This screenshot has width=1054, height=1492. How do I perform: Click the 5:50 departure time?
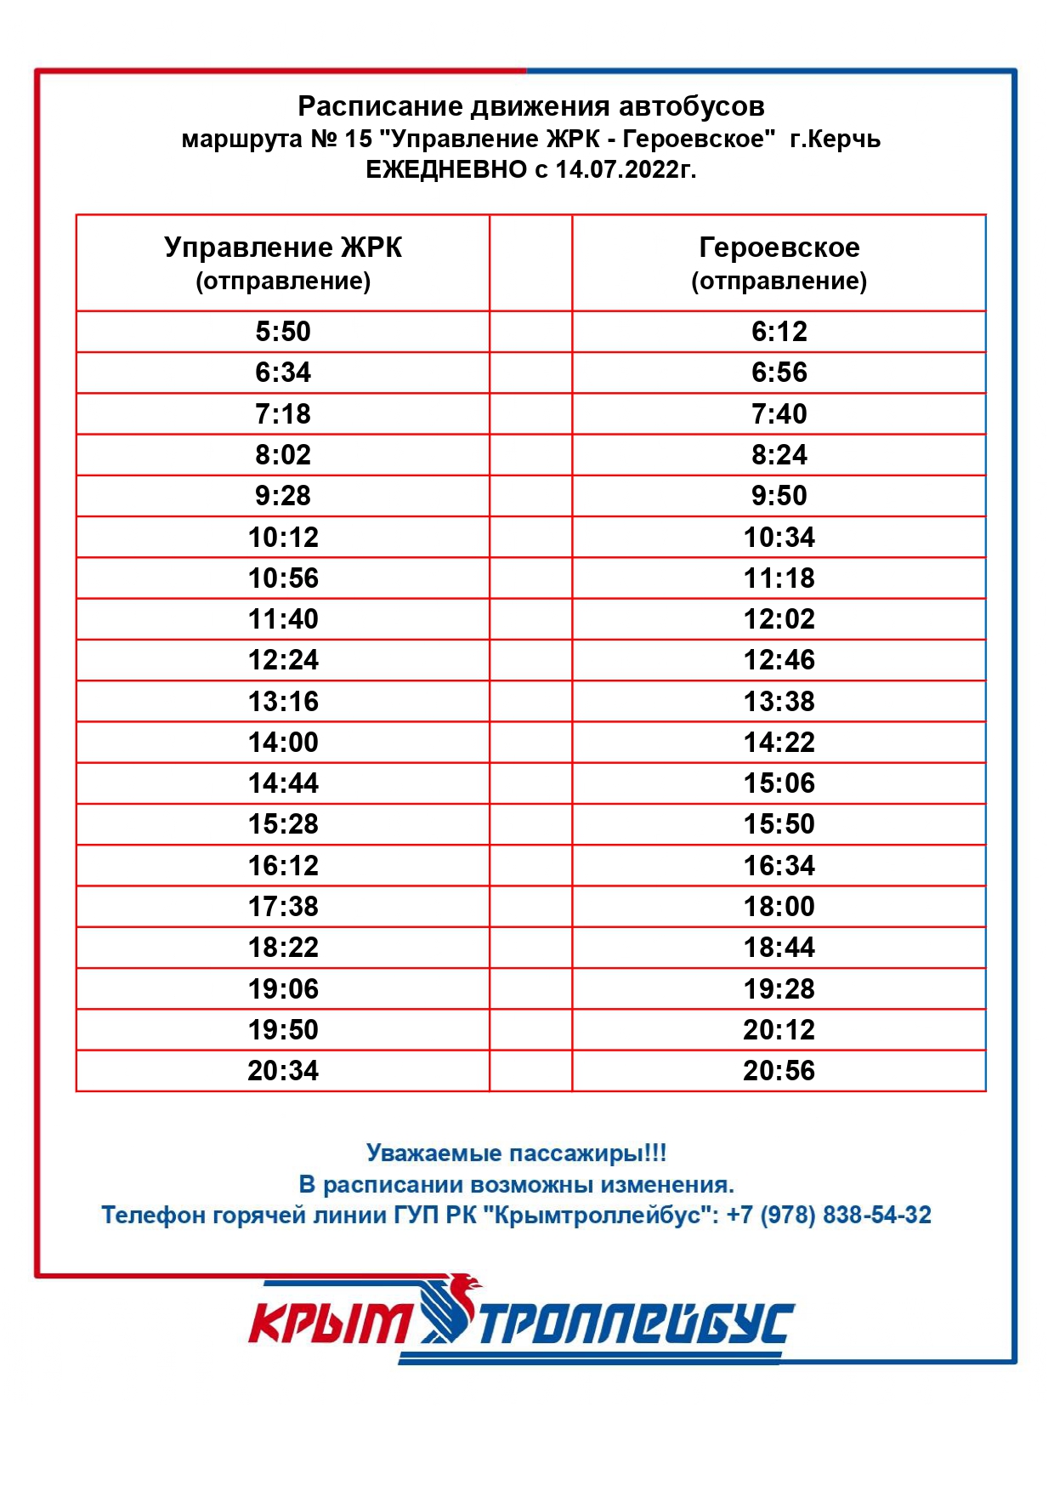(x=283, y=332)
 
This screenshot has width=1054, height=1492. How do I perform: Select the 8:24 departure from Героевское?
(x=779, y=455)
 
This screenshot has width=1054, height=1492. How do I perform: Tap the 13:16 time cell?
(x=283, y=702)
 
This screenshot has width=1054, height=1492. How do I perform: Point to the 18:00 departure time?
(x=779, y=907)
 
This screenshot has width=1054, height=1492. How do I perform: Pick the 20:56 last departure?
(x=779, y=1071)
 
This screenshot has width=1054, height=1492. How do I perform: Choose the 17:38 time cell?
(x=283, y=907)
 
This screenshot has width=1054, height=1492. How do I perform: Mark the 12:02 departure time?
(x=779, y=619)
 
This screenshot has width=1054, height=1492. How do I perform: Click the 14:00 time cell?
(x=283, y=743)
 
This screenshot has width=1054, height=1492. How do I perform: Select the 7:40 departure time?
(x=779, y=414)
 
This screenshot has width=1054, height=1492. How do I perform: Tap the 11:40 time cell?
(x=283, y=619)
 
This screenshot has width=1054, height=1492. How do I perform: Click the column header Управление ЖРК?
(x=283, y=248)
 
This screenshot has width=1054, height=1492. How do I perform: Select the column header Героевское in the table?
(x=779, y=248)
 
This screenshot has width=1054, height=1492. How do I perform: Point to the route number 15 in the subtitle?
(x=359, y=140)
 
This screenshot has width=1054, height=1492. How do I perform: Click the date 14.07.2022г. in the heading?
(x=626, y=170)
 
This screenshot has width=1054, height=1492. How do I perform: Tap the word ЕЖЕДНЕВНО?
(x=446, y=170)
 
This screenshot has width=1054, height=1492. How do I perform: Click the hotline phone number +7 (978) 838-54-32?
(x=829, y=1215)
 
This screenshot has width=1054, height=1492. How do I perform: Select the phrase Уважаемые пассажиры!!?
(x=516, y=1153)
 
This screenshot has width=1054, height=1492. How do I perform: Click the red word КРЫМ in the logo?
(x=329, y=1324)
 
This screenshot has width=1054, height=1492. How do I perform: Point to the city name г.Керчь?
(x=835, y=140)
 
